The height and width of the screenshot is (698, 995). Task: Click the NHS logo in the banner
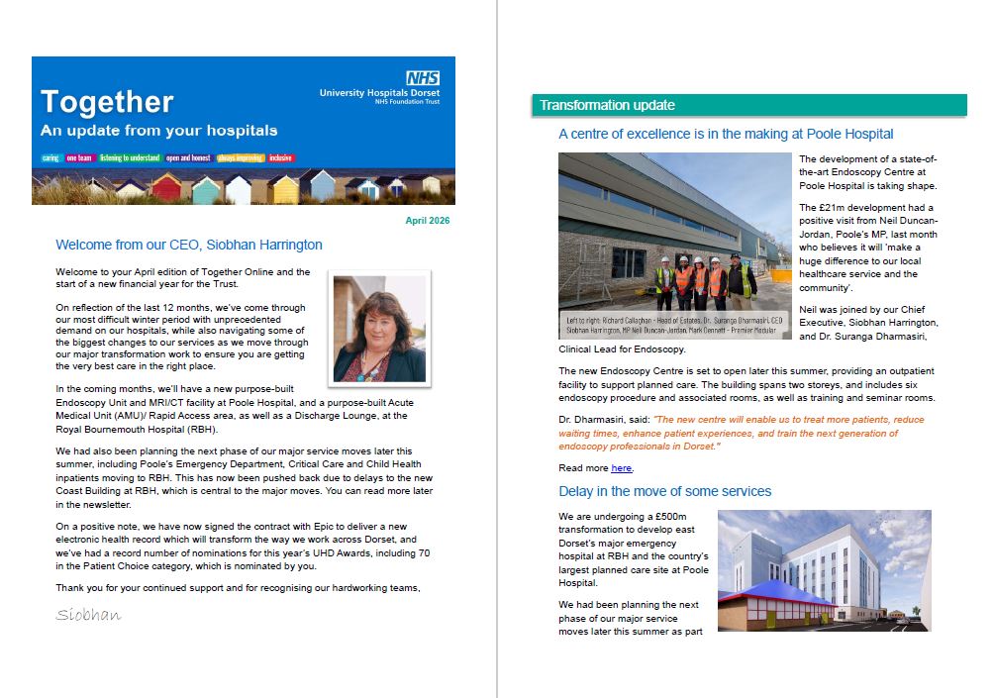click(423, 77)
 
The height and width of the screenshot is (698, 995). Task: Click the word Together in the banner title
click(107, 102)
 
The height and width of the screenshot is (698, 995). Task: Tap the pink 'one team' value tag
click(79, 158)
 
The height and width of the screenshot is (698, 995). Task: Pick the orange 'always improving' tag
click(241, 158)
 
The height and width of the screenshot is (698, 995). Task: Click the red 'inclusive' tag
click(280, 158)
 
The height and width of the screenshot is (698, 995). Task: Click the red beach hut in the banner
click(165, 187)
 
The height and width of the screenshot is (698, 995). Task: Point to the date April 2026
click(427, 221)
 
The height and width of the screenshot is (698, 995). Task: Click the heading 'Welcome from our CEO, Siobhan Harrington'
click(189, 245)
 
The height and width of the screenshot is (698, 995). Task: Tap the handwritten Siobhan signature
click(88, 615)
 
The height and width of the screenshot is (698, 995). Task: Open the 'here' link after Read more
click(621, 467)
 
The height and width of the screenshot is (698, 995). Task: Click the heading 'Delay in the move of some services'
click(664, 491)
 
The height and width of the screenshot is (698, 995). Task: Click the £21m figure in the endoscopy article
click(829, 207)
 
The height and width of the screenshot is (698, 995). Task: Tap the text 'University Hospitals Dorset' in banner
click(379, 92)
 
